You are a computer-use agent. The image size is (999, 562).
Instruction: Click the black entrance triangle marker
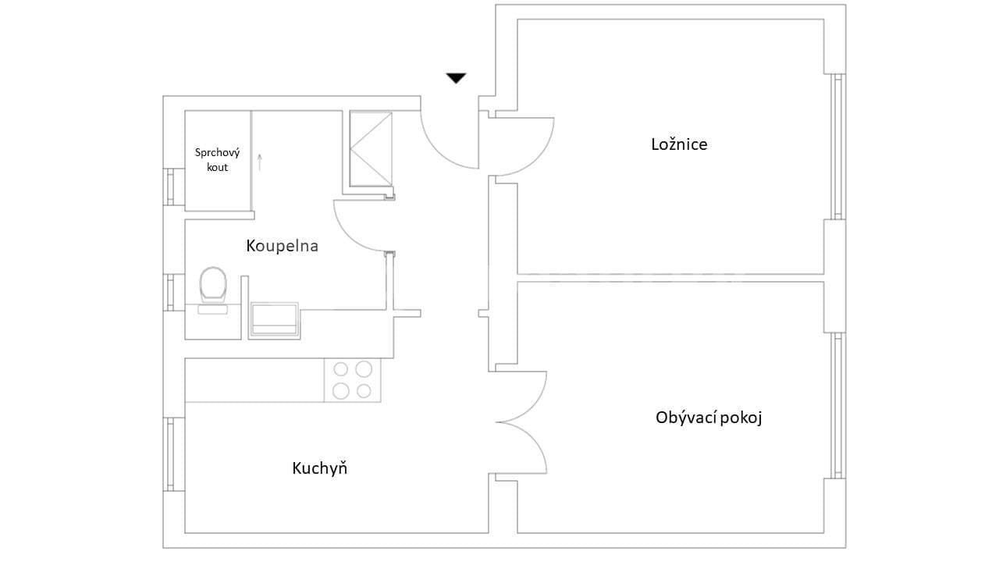(456, 77)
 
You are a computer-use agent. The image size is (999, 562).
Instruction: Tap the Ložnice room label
(679, 144)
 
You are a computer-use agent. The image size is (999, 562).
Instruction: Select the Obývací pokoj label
(709, 418)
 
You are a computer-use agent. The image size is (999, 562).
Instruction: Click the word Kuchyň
(319, 468)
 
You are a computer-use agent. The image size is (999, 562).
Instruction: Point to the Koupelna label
(282, 246)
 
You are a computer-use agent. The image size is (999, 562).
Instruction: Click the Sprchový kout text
(217, 160)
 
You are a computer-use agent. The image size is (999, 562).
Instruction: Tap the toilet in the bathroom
(212, 285)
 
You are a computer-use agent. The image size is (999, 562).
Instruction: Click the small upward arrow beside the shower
(260, 162)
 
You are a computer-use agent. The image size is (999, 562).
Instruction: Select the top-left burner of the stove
(341, 369)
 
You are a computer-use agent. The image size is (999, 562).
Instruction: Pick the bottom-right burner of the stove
(364, 391)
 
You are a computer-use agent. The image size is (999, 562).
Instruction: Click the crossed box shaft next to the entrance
(371, 148)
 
